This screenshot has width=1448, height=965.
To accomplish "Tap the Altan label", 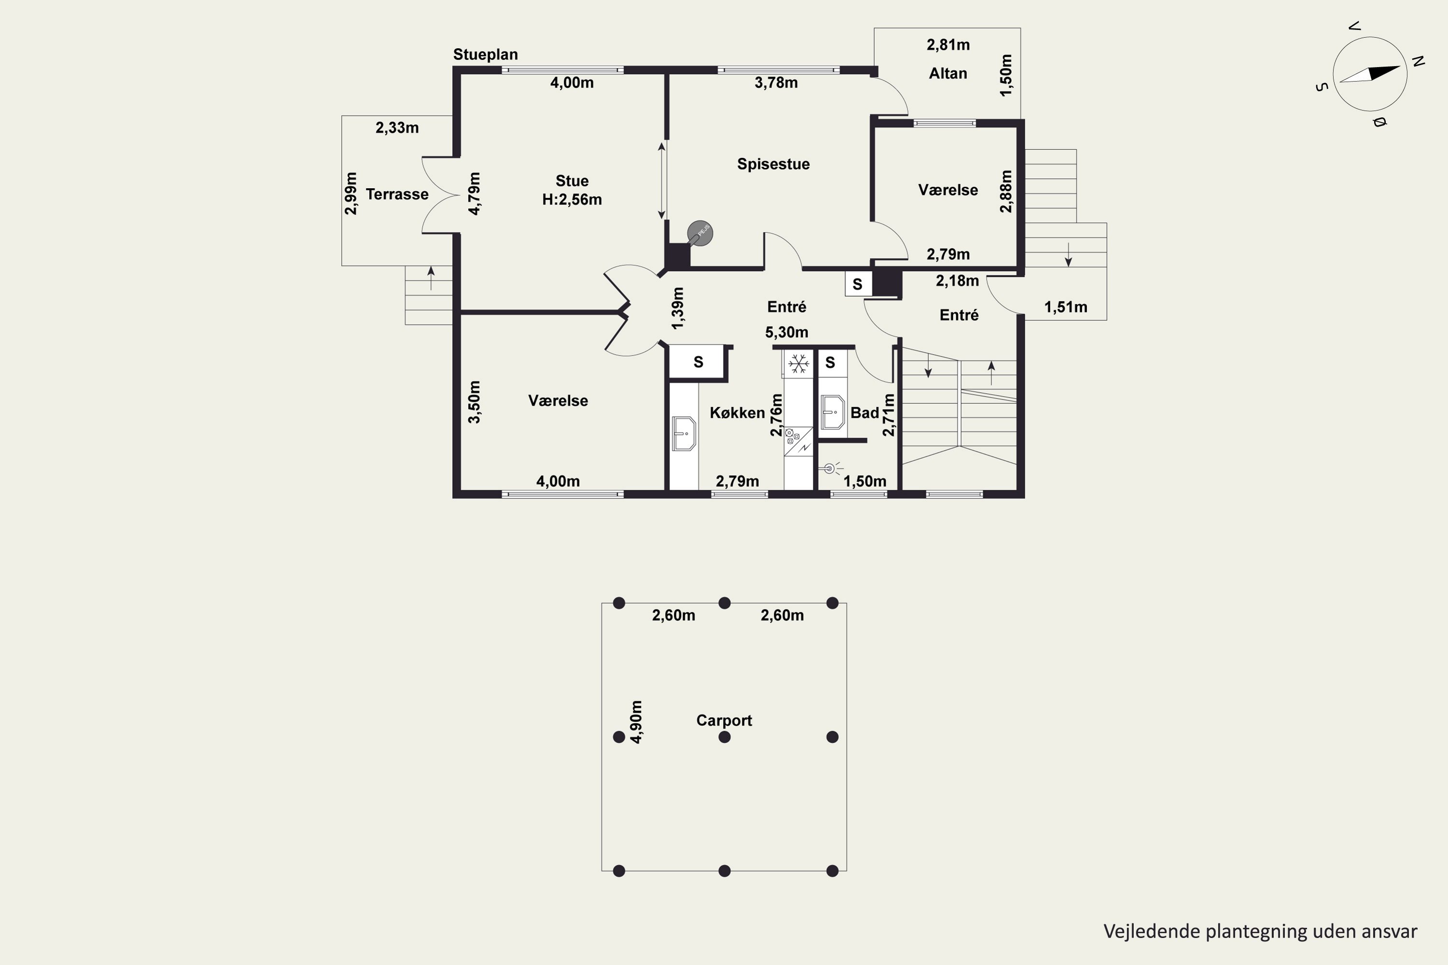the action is click(947, 73).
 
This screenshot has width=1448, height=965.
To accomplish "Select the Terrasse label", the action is click(397, 194).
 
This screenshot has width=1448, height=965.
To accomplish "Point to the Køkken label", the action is click(737, 413).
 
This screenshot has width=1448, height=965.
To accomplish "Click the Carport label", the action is click(724, 721).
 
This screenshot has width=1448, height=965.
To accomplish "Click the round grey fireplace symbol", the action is click(700, 233).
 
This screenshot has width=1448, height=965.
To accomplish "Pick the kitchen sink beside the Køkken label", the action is click(684, 433).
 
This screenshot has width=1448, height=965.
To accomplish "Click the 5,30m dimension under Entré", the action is click(787, 332).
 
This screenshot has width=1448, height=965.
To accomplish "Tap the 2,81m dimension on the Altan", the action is click(948, 45).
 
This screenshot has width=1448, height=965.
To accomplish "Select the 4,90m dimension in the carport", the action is click(637, 721).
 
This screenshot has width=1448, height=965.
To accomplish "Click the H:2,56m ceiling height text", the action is click(572, 199).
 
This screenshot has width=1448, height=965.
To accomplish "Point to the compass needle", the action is click(1370, 74).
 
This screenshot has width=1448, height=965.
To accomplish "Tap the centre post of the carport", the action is click(724, 737).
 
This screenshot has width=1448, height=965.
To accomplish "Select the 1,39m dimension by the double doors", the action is click(678, 308).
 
